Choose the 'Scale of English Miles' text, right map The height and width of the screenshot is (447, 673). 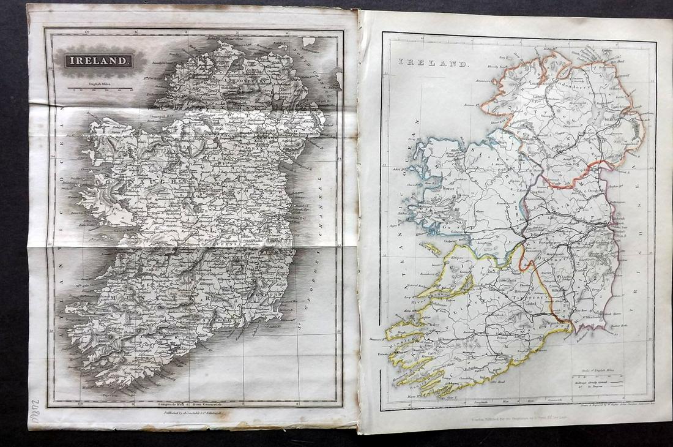(603, 367)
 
